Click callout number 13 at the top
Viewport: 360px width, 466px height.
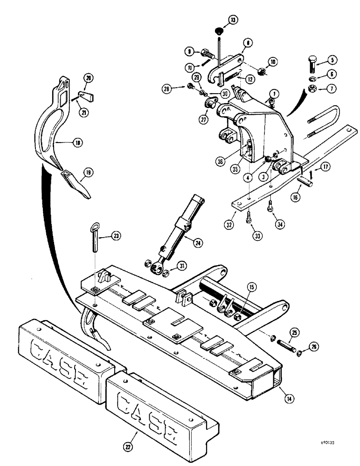pyautogui.click(x=233, y=19)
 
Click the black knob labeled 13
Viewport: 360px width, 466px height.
pyautogui.click(x=218, y=31)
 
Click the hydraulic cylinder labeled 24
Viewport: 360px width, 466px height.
pyautogui.click(x=177, y=233)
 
